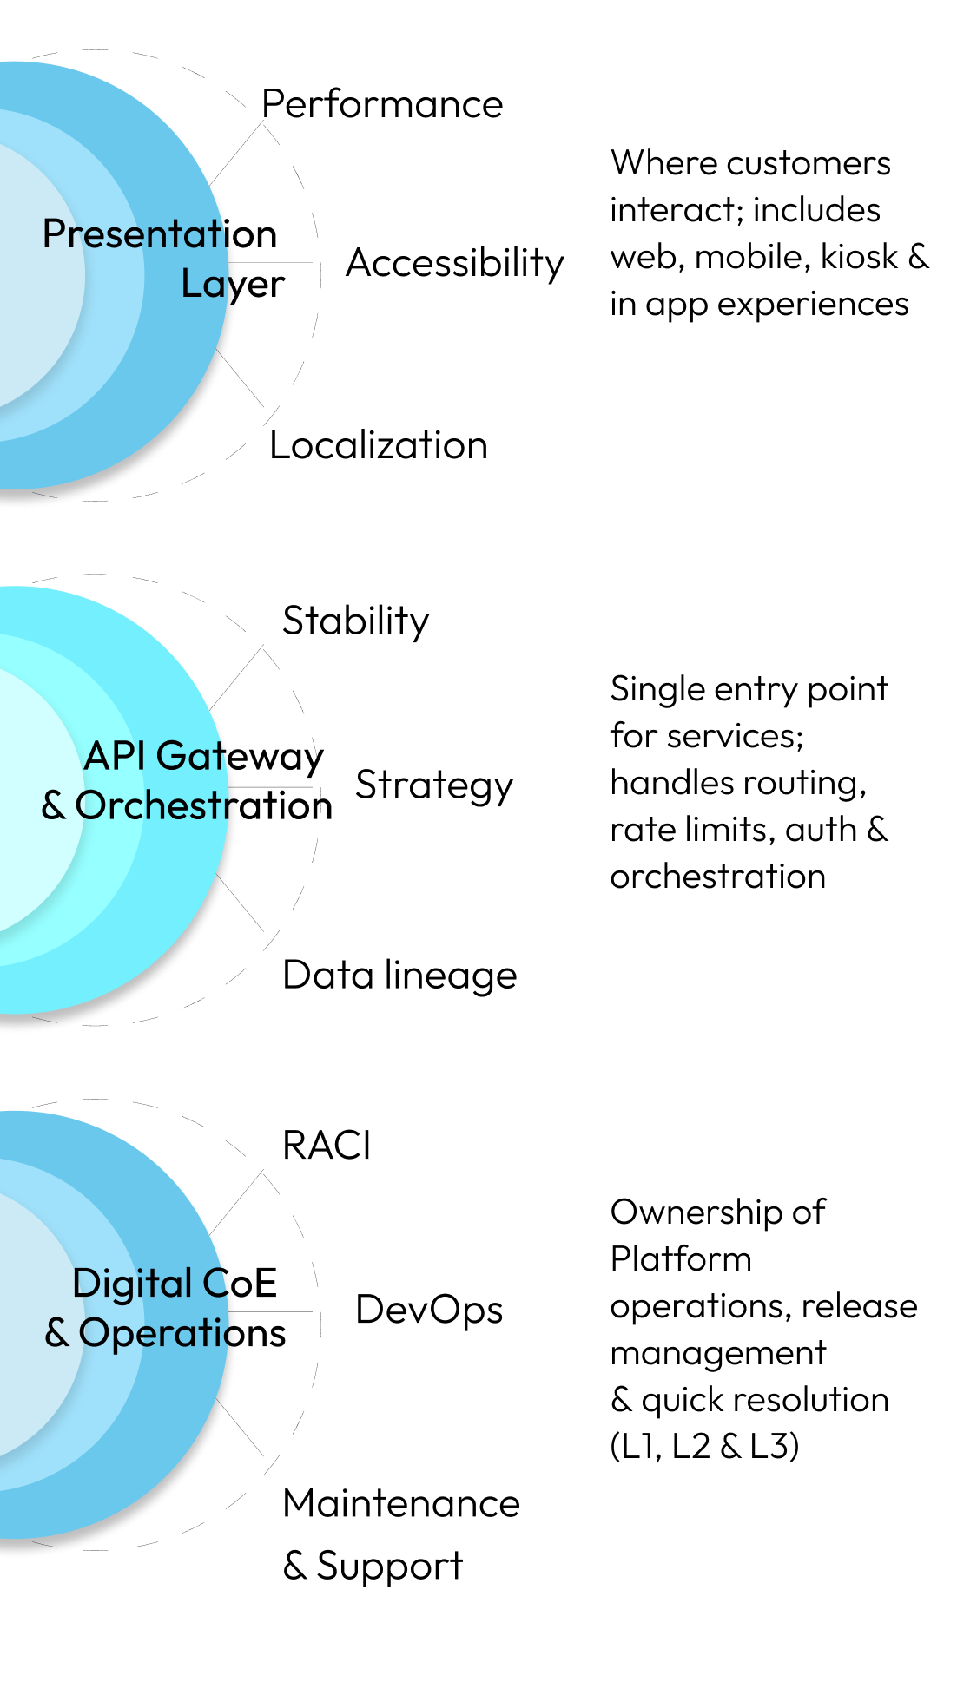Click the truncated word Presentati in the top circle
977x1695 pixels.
(135, 234)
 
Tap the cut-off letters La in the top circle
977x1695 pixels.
(205, 284)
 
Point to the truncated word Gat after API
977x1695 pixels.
(193, 756)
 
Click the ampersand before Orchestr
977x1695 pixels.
(54, 805)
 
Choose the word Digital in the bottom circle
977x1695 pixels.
(132, 1284)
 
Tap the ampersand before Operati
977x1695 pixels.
(57, 1332)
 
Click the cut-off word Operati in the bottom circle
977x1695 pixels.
(156, 1333)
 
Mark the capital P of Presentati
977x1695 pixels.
(54, 234)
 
